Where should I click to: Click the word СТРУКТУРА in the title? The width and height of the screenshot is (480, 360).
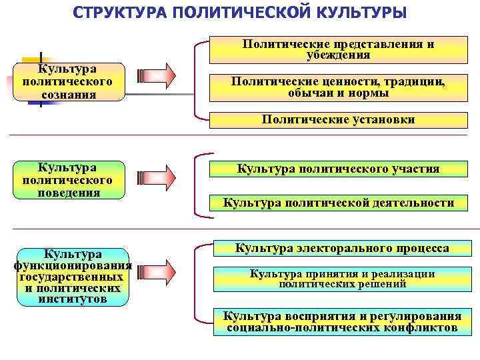(x=126, y=13)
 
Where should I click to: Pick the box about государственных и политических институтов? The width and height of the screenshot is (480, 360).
(x=72, y=277)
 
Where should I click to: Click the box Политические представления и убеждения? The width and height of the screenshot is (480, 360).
(x=338, y=49)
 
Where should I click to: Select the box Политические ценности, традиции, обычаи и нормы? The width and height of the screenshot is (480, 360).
(x=338, y=87)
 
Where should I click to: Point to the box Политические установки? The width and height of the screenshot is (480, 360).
(x=338, y=120)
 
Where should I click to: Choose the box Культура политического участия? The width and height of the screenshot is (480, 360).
(x=338, y=169)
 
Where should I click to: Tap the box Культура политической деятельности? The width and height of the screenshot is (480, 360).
(x=338, y=203)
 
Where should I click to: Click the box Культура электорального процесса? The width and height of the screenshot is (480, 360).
(x=341, y=249)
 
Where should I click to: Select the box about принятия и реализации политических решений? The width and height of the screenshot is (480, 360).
(x=341, y=279)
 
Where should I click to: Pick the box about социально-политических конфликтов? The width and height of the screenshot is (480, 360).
(x=341, y=321)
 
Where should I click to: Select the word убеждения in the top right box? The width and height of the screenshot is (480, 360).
(x=338, y=55)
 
